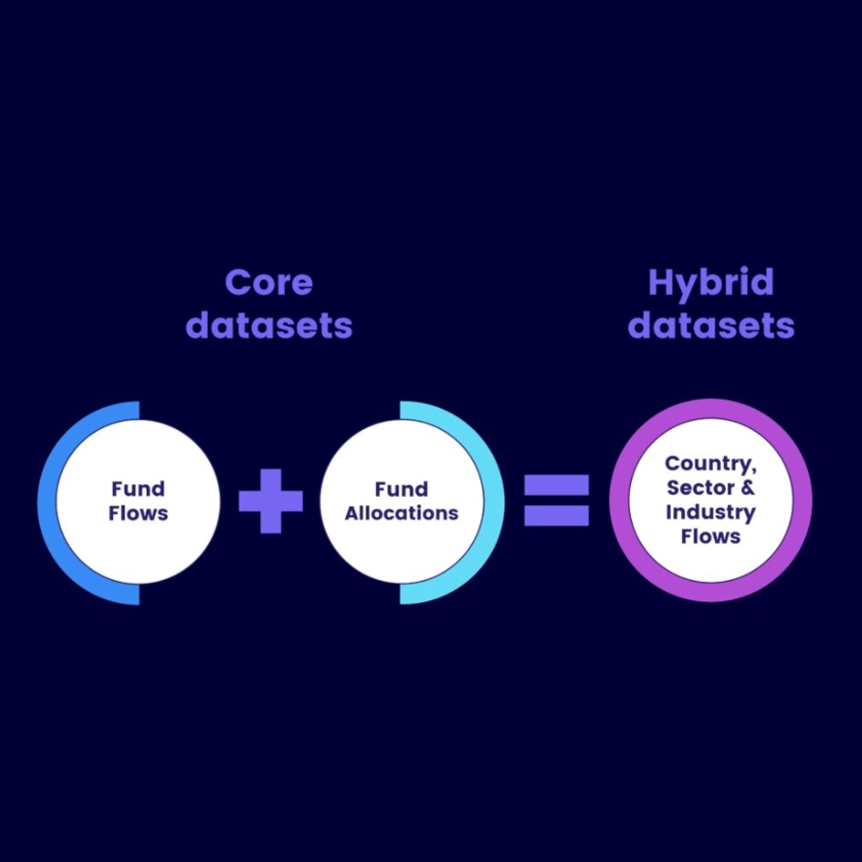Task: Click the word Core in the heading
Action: (269, 283)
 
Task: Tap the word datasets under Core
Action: (269, 326)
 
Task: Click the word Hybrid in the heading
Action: (710, 283)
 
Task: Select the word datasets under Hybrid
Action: (710, 326)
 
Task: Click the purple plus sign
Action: (271, 501)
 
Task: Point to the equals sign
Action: (557, 501)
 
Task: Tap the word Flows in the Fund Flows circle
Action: (138, 513)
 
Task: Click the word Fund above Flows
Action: (138, 489)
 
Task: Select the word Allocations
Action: (401, 513)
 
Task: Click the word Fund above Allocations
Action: (401, 489)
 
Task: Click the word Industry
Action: (710, 512)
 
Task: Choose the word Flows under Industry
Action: (710, 536)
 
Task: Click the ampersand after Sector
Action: (748, 488)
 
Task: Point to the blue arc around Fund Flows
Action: (47, 503)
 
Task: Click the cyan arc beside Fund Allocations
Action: (493, 503)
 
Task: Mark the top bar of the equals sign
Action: (557, 483)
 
